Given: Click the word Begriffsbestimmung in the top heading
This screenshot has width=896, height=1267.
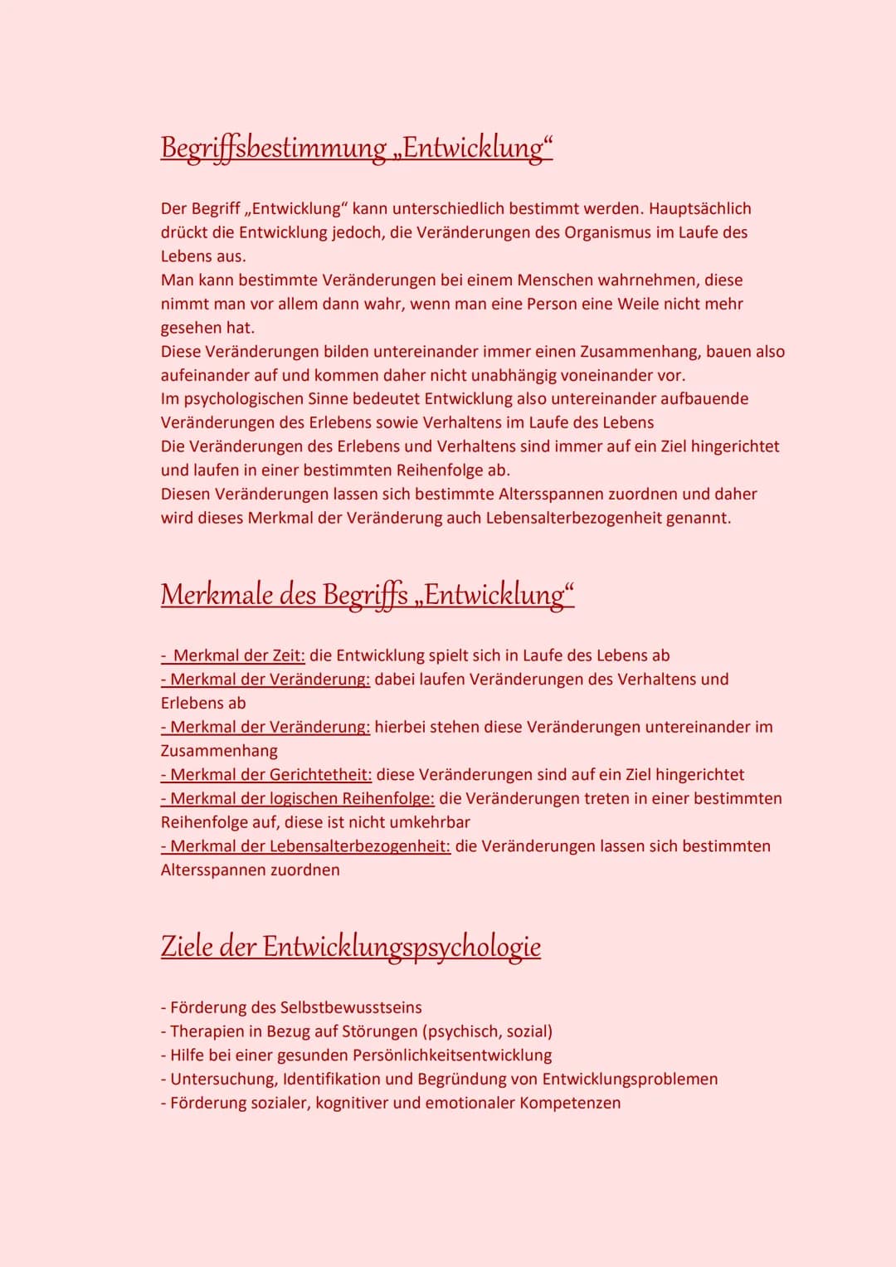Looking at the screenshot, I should point(274,148).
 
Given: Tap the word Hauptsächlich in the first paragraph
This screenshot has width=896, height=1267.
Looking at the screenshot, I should point(700,208).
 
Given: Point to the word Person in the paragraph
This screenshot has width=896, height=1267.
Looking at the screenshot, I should point(557,304).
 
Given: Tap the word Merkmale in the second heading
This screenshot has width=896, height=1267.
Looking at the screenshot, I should point(217,595).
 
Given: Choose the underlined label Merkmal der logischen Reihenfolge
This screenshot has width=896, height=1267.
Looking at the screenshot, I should point(302,798).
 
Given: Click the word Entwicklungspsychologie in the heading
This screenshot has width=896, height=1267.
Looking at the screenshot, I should point(402,947).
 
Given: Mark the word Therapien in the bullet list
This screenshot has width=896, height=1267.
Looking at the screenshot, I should point(207,1031).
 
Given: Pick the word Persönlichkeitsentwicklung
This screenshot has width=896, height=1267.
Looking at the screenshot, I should point(452,1055).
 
